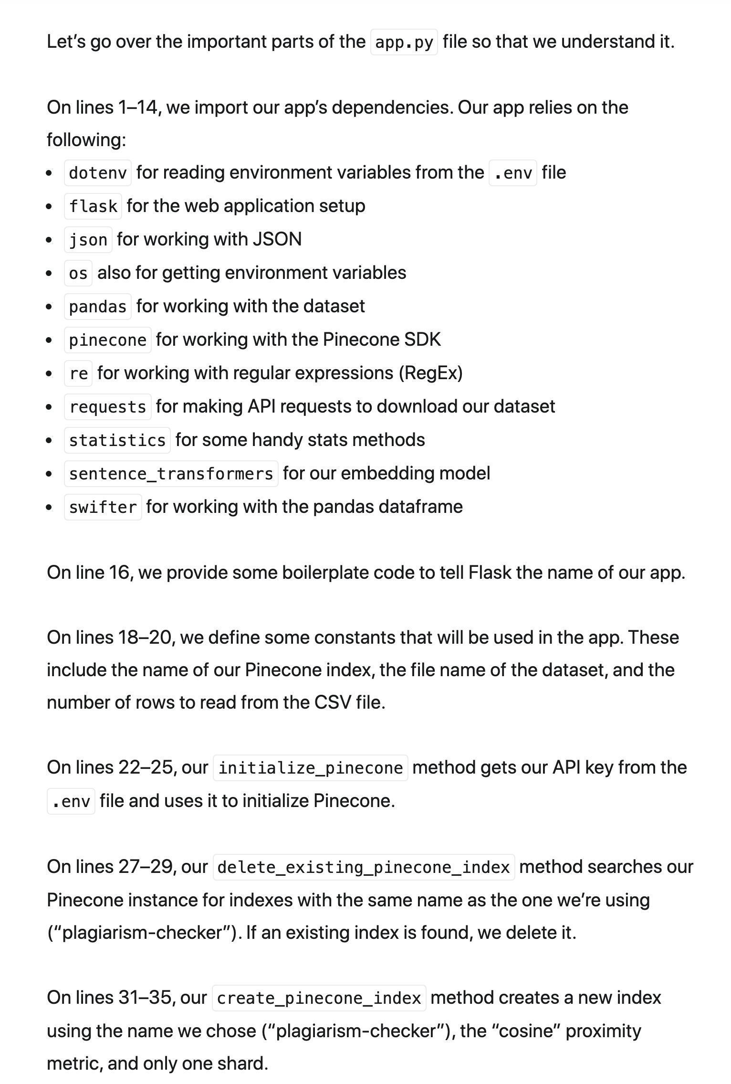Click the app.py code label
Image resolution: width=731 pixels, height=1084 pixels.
404,42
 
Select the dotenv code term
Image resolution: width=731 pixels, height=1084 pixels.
98,173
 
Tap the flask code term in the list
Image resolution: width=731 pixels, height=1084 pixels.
93,206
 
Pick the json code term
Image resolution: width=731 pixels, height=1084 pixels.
88,240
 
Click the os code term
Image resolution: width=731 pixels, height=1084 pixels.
78,273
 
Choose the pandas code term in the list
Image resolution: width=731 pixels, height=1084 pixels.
98,307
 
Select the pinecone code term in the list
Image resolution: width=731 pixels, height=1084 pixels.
108,340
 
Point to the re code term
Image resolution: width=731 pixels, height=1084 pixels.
78,373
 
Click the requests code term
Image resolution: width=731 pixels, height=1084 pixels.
108,407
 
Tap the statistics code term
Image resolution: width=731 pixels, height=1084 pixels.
117,440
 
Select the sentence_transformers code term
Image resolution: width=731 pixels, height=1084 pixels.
171,474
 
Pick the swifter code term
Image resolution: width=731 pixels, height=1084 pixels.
103,507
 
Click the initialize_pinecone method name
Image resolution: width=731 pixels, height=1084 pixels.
311,768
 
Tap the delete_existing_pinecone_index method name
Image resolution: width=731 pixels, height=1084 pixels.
364,867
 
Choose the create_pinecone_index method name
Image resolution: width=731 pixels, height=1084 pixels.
319,998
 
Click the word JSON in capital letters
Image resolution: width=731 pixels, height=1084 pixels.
277,239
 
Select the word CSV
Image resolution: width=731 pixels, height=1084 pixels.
333,702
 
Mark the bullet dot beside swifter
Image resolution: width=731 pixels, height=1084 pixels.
50,507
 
